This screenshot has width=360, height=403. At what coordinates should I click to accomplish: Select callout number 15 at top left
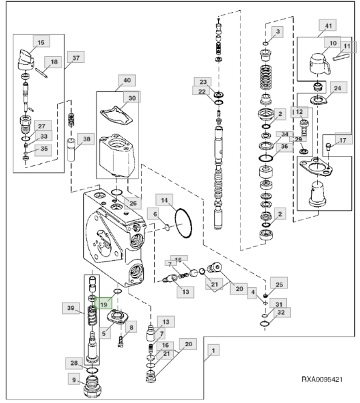pos(41,42)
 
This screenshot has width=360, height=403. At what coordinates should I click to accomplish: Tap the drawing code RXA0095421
pos(322,380)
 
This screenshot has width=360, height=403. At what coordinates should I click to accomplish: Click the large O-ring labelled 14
pos(183,223)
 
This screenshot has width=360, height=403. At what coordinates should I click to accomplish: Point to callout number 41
pos(328,25)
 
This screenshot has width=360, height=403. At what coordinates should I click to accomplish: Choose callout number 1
pos(213,350)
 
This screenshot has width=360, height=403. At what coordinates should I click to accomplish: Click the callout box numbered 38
pos(86,139)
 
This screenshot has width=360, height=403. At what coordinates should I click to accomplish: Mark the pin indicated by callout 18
pos(41,72)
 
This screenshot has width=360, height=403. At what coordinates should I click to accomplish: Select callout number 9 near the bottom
pos(74,379)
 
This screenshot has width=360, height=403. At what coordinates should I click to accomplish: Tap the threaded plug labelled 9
pos(93,386)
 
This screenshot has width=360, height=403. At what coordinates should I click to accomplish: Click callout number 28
pos(74,363)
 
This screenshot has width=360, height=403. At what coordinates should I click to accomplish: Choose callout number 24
pos(337,88)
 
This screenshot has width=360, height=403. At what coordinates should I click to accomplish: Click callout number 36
pos(284,146)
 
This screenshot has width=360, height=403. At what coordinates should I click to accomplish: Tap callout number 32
pos(281,312)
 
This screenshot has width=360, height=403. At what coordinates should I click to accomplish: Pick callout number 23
pos(203,82)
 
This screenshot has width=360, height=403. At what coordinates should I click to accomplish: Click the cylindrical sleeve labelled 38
pos(71,150)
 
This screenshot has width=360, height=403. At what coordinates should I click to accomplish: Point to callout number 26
pos(132,203)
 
